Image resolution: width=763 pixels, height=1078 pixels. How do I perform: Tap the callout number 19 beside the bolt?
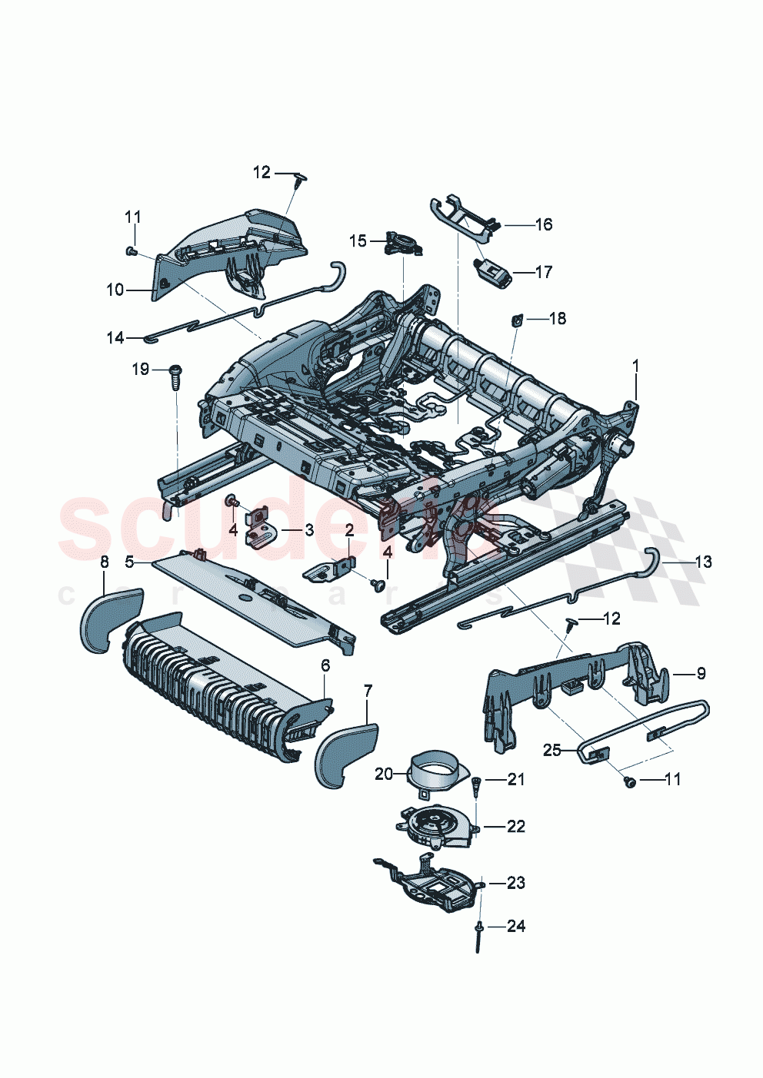[x=141, y=370]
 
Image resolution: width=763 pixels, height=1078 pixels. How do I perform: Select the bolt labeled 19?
[x=175, y=377]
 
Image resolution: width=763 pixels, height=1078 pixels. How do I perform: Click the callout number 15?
[x=358, y=241]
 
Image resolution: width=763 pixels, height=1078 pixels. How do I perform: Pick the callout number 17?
[x=543, y=272]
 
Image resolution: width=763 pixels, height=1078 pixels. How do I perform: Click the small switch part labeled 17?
[x=491, y=272]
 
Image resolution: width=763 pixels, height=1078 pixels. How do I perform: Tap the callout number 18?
[x=557, y=318]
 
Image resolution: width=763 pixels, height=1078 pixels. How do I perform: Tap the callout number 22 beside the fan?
[x=515, y=826]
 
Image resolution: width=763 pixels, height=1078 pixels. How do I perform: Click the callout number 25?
[x=552, y=750]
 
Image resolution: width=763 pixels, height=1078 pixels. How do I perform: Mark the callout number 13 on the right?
[x=702, y=562]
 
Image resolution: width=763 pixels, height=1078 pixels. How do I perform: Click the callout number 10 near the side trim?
[x=115, y=290]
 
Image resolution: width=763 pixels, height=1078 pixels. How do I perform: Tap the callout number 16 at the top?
[x=543, y=224]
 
